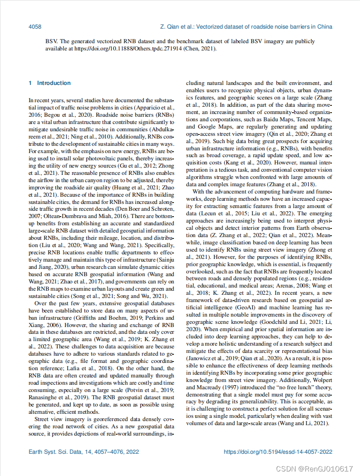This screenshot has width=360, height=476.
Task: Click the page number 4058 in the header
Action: click(x=35, y=27)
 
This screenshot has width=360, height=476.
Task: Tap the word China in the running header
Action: click(x=324, y=27)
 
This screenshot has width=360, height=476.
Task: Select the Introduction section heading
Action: click(x=54, y=83)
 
